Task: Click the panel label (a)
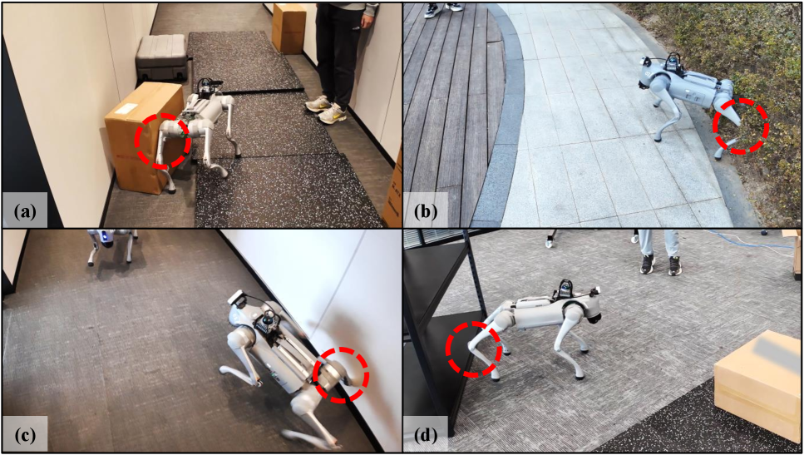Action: pos(25,210)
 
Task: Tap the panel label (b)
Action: pos(426,210)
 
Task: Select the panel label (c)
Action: pos(25,436)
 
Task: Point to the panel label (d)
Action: pos(426,436)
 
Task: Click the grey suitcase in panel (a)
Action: pos(161,57)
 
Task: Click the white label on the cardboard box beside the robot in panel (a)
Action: pos(126,109)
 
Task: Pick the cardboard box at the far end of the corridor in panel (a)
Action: pos(289,27)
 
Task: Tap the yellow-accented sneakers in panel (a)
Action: pos(326,109)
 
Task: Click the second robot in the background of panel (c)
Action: pos(111,245)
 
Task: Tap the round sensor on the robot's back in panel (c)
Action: pos(267,322)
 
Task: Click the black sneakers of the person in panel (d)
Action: pos(661,265)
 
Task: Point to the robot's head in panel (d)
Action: pos(590,309)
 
